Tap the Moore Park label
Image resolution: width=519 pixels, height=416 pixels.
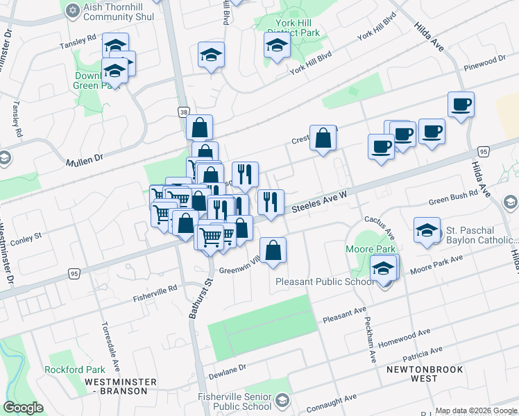[365, 248]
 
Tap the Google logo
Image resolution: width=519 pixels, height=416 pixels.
[23, 408]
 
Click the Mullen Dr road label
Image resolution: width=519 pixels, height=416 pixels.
[84, 162]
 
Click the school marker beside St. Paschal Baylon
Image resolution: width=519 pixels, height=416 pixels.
[427, 230]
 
